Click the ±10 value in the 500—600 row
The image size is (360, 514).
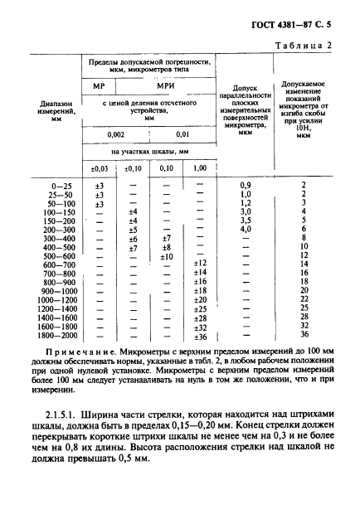[166, 256]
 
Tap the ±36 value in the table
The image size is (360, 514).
[199, 337]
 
